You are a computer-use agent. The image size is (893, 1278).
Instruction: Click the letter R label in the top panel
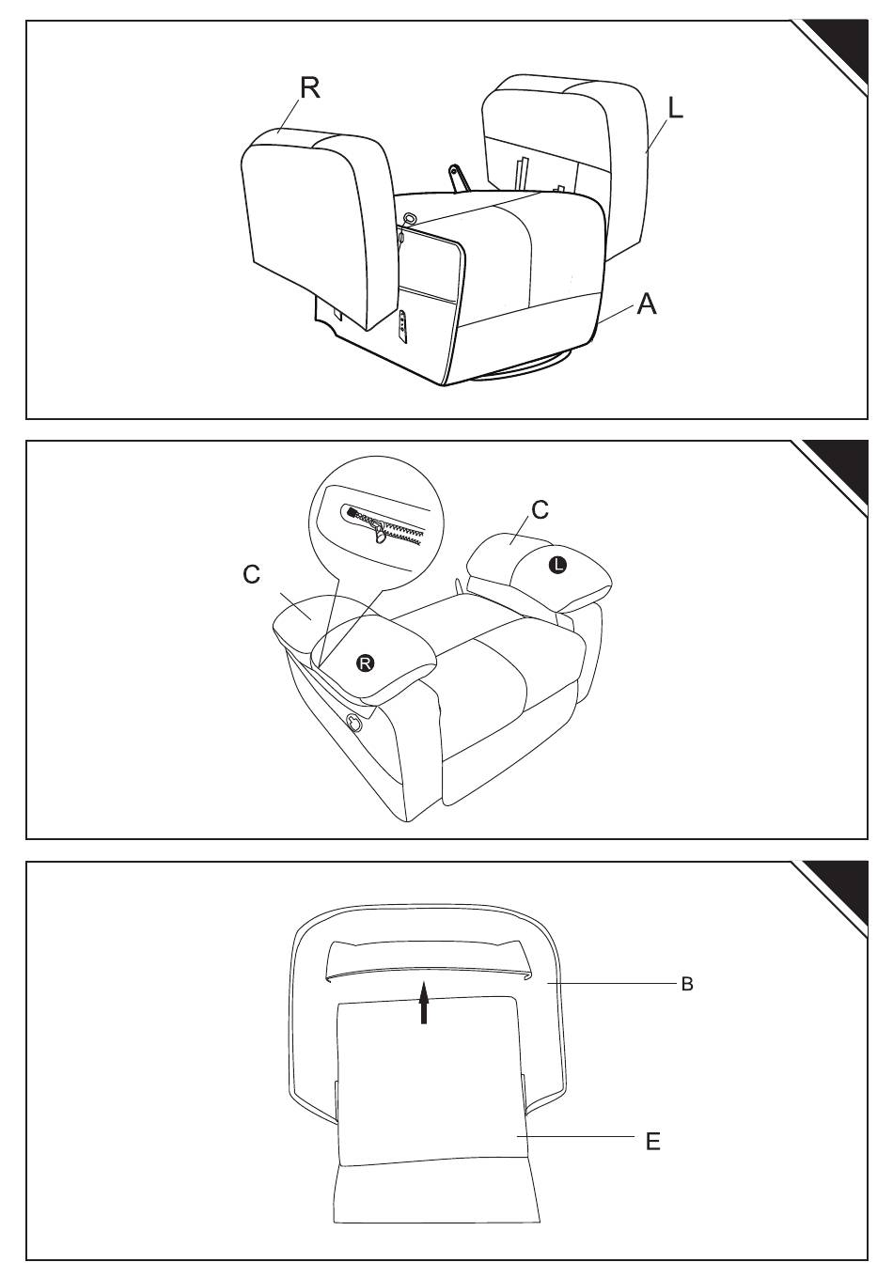[309, 87]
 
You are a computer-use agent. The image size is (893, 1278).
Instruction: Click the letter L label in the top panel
[675, 108]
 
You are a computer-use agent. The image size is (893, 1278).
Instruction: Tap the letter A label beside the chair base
[646, 304]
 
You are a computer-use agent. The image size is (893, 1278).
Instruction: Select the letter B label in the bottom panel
[687, 985]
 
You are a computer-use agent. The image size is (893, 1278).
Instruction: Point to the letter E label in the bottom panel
[652, 1142]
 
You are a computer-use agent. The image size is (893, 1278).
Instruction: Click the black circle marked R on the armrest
[366, 663]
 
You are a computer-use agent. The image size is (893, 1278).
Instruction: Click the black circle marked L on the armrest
[557, 565]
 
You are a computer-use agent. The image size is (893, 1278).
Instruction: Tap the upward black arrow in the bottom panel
[424, 1002]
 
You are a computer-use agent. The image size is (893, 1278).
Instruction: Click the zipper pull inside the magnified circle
[381, 534]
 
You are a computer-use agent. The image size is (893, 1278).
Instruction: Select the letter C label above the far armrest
[540, 509]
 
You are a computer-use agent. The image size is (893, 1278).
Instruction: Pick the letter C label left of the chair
[251, 573]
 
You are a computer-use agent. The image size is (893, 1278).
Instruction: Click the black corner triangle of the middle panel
[841, 465]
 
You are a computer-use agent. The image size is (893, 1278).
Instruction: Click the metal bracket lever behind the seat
[460, 178]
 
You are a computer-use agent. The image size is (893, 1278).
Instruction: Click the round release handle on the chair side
[354, 723]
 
